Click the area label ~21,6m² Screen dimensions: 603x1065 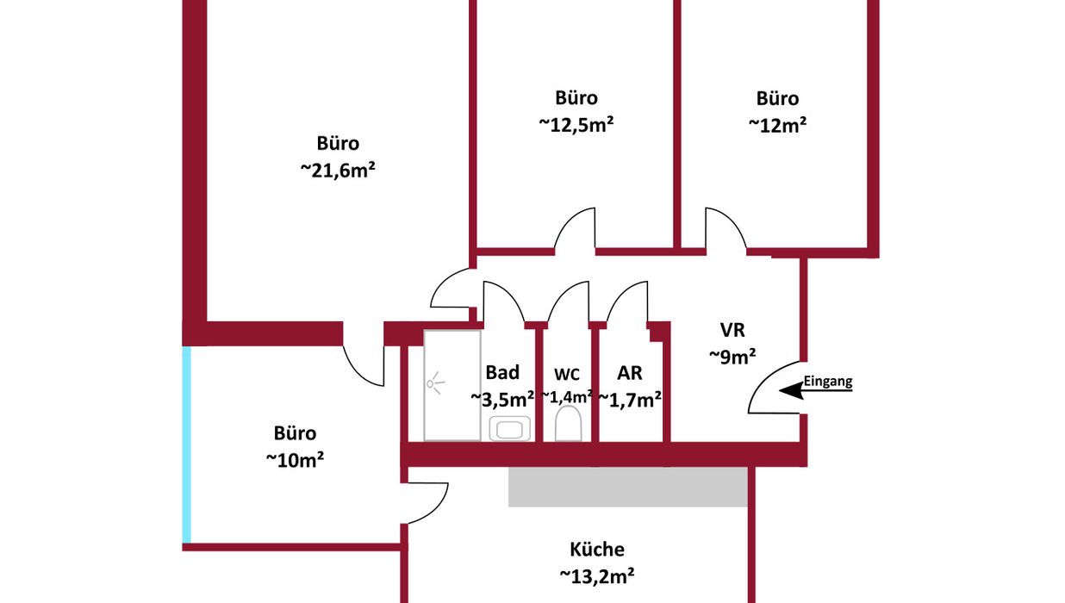click(x=338, y=171)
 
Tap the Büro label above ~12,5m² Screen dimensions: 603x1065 click(x=576, y=97)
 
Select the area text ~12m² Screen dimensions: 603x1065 click(x=777, y=125)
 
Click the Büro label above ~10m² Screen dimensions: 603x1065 click(x=296, y=433)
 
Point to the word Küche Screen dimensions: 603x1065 click(x=597, y=550)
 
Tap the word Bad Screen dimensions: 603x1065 click(x=502, y=372)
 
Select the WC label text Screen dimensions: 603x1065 click(x=566, y=374)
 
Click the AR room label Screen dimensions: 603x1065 click(x=630, y=372)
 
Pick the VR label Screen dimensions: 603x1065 click(x=732, y=329)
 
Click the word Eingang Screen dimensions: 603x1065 click(x=827, y=380)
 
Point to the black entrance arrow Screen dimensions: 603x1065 click(x=791, y=391)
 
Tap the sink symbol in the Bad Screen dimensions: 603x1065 click(x=508, y=428)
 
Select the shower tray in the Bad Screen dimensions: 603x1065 click(x=452, y=385)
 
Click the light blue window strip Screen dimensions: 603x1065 click(x=187, y=444)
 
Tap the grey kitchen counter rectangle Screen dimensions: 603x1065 click(x=627, y=488)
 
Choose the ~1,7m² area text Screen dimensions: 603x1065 click(x=630, y=399)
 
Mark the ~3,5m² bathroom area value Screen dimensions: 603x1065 click(x=502, y=398)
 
